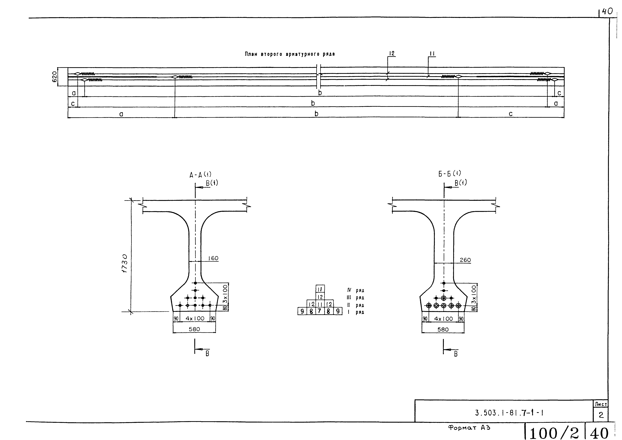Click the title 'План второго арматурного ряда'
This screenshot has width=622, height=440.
(290, 54)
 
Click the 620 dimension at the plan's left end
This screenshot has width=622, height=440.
(54, 77)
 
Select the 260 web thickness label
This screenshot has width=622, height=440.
(465, 260)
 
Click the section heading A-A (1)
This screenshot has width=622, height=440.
(200, 175)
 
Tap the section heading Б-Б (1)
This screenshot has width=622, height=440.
(449, 173)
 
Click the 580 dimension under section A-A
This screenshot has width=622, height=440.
(194, 329)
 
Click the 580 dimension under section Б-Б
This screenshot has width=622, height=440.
(443, 329)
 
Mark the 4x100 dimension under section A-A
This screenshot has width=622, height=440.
(195, 318)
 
